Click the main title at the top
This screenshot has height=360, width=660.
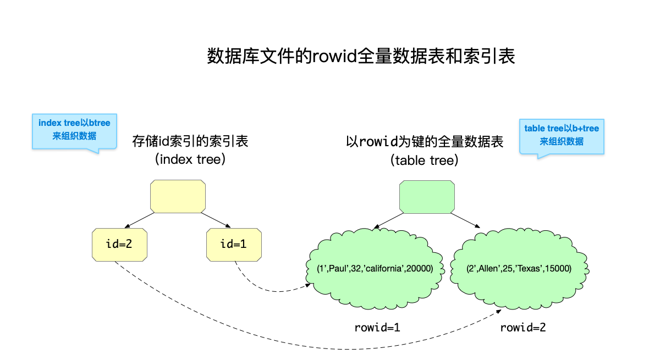(361, 57)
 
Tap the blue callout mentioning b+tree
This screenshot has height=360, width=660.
(562, 135)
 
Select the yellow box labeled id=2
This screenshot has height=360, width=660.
(119, 244)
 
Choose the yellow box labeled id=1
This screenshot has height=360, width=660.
(234, 244)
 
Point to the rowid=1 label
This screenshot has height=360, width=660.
(377, 328)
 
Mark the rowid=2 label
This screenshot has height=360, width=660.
(523, 328)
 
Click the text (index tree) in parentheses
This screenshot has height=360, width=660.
(190, 160)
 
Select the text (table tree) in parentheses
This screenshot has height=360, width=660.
(425, 160)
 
